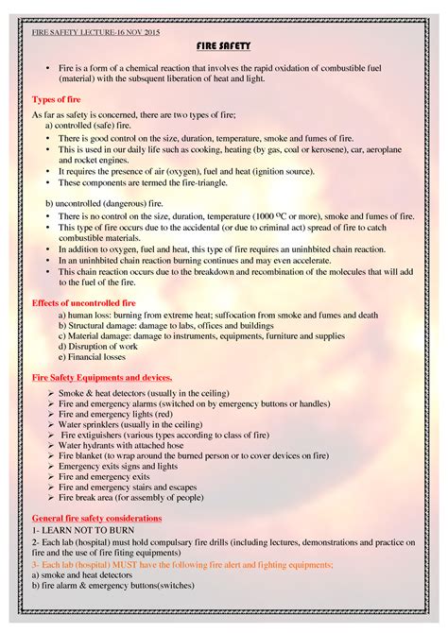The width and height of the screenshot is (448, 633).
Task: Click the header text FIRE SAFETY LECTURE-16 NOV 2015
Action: [x=96, y=32]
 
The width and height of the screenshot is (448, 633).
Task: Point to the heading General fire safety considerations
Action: [x=96, y=519]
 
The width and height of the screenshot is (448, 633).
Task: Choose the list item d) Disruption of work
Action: [x=97, y=346]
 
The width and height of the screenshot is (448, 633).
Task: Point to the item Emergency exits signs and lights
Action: [x=118, y=466]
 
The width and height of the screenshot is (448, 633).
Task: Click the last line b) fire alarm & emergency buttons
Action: [x=112, y=585]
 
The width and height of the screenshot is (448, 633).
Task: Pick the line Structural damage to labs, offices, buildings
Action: [x=162, y=325]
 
